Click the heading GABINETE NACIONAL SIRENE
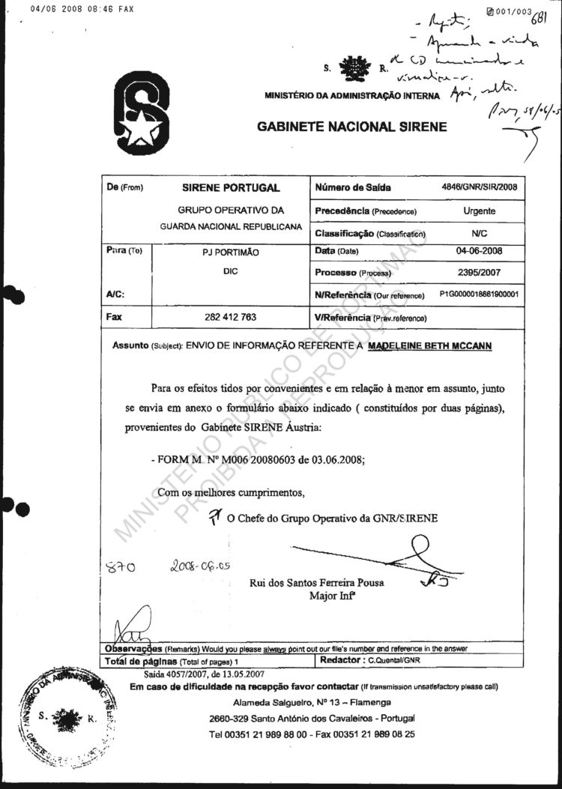click(352, 127)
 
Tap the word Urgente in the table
click(479, 211)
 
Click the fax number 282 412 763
click(230, 317)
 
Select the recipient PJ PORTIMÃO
click(230, 253)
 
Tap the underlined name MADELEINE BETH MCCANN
click(432, 346)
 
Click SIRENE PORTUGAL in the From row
click(230, 188)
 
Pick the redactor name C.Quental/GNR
click(392, 662)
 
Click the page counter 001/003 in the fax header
click(513, 11)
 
